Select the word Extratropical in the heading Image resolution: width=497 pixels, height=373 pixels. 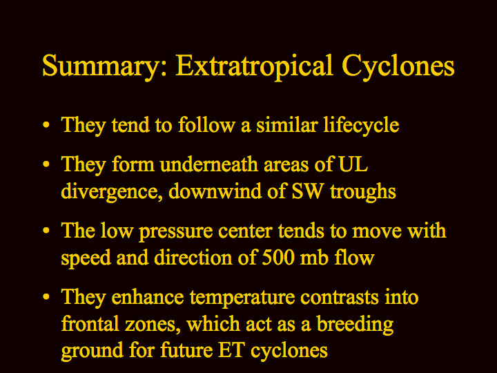click(x=254, y=66)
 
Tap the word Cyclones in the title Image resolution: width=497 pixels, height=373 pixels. click(x=398, y=66)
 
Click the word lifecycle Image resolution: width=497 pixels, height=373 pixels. click(x=361, y=125)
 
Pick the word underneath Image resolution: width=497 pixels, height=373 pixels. click(x=209, y=164)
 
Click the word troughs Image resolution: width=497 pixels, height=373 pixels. click(x=363, y=192)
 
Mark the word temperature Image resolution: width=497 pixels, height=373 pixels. click(x=242, y=298)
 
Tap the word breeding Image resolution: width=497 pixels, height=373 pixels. click(x=355, y=325)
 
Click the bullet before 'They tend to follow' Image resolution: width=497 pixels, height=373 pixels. click(x=46, y=124)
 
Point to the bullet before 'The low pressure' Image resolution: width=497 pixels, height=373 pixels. click(x=46, y=231)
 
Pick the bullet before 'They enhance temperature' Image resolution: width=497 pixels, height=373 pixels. click(x=46, y=297)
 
